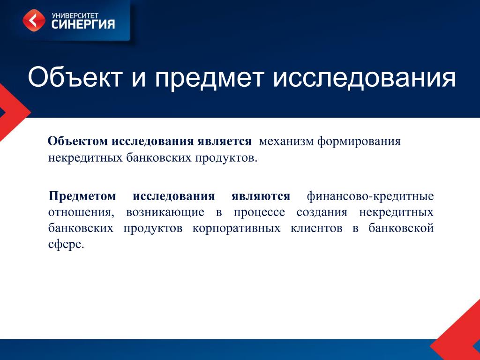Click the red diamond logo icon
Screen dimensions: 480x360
(x=34, y=21)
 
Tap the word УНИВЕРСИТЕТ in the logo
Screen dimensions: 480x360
(x=75, y=15)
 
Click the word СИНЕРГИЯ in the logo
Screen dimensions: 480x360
(x=83, y=24)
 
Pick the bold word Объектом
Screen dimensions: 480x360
(x=78, y=141)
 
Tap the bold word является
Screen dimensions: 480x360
(x=225, y=141)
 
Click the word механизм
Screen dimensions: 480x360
(x=286, y=142)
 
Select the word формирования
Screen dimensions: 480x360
(x=359, y=142)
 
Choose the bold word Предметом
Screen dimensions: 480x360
(x=82, y=196)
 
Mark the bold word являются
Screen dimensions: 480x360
(x=261, y=196)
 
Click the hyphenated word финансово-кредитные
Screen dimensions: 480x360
(x=370, y=196)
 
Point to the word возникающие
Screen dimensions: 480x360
(x=165, y=212)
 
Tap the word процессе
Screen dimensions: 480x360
(x=259, y=212)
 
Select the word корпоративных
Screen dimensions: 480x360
(x=236, y=228)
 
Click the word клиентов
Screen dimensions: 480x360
(x=316, y=228)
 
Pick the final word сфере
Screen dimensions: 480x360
(x=66, y=245)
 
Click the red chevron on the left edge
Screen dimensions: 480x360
(x=12, y=112)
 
